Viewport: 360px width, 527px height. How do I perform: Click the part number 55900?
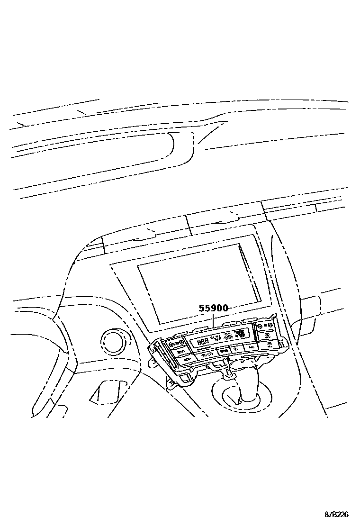(x=213, y=308)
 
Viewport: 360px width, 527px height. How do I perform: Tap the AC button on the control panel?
(x=251, y=347)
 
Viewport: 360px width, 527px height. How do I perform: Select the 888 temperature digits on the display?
(x=203, y=342)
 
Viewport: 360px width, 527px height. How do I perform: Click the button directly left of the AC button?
(x=235, y=350)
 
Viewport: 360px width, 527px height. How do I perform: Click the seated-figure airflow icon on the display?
(x=228, y=337)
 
